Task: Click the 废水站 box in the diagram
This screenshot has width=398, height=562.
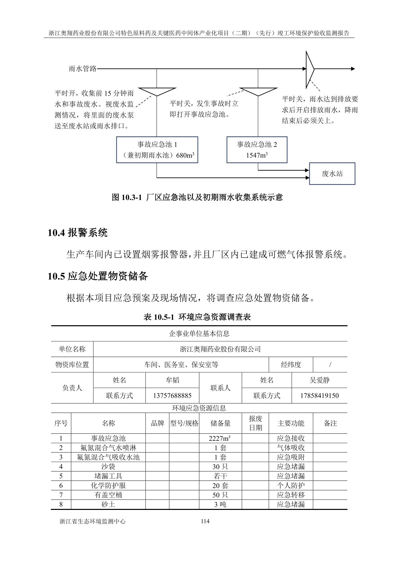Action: pos(332,174)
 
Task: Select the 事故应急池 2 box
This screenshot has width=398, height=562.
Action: pos(257,150)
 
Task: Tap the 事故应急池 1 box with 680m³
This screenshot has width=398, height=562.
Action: pos(157,150)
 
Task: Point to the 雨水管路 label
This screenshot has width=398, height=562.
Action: pos(83,69)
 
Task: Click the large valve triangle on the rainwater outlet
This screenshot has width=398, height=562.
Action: pos(309,69)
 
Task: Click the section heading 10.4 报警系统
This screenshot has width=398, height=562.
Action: pos(78,233)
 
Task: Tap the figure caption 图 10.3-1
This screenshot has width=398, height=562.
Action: pos(197,197)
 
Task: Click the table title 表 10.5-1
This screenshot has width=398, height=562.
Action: pos(197,317)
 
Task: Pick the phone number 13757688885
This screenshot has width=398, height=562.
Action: pos(172,396)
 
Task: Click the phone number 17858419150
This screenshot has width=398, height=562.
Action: pos(319,396)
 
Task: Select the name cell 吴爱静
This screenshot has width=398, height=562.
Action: pos(319,380)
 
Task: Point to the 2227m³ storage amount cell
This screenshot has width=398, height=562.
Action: pos(220,438)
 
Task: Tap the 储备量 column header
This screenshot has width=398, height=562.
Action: pos(220,423)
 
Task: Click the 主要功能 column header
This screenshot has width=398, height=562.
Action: pos(291,423)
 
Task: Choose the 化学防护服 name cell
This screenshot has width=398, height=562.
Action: pos(108,486)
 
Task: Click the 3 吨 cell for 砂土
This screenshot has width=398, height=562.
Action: pos(220,504)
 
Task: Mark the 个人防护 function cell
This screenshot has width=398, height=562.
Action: pos(291,486)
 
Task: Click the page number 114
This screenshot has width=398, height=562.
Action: pos(205,521)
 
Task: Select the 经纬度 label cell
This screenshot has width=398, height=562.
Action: pos(291,365)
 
